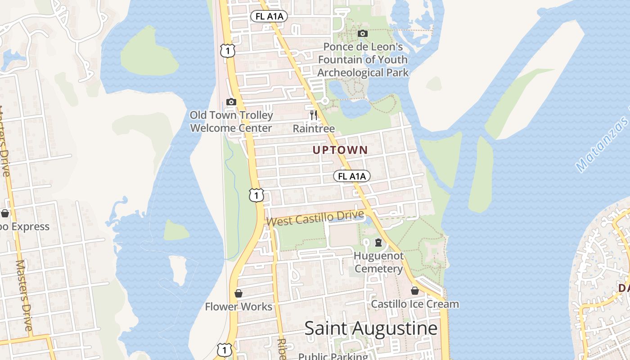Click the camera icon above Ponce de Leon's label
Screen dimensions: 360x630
(362, 33)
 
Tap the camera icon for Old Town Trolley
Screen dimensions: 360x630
(231, 102)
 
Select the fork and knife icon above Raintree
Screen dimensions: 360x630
(313, 115)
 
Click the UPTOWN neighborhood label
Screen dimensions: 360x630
(340, 150)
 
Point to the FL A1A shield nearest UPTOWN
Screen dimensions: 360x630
(351, 176)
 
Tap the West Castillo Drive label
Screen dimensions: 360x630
(315, 219)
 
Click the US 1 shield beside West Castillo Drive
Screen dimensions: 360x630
(256, 195)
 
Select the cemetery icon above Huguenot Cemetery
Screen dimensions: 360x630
(378, 243)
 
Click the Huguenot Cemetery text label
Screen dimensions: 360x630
(378, 262)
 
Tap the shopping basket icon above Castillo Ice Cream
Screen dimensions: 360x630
(415, 291)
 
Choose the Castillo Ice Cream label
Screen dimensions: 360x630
(414, 304)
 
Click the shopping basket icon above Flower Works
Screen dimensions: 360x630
(238, 294)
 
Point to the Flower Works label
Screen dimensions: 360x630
(238, 307)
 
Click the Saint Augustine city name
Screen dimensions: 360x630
(371, 328)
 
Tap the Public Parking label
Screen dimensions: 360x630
(333, 356)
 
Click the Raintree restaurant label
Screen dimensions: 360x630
(314, 129)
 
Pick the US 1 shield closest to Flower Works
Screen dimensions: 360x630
(225, 350)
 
